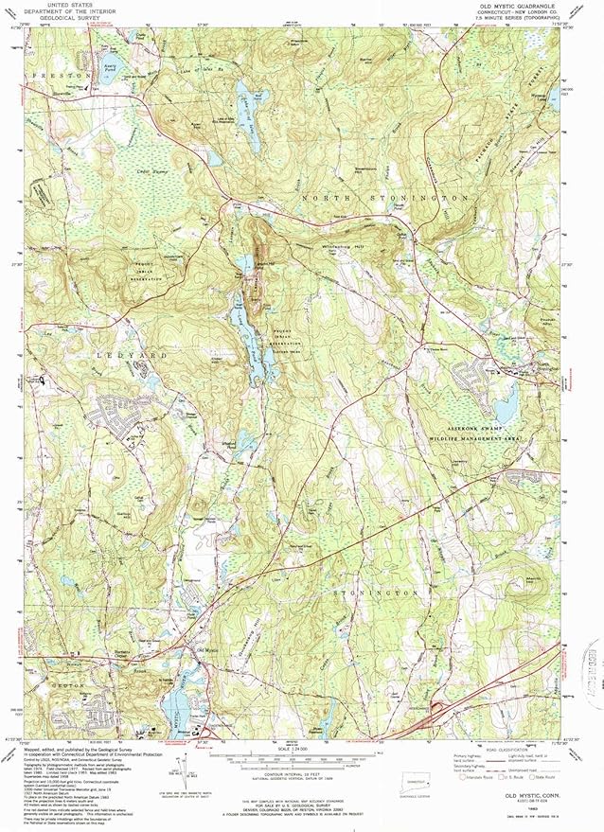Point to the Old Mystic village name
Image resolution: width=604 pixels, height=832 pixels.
205,650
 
